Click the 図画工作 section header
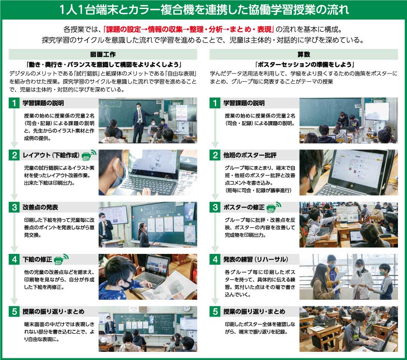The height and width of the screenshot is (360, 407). tap(103, 55)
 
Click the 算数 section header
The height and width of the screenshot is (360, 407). tap(303, 55)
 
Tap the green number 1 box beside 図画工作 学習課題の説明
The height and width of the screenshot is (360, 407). tap(14, 103)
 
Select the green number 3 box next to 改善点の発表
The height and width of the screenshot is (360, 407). tap(14, 207)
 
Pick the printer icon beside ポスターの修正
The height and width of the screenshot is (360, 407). tap(274, 207)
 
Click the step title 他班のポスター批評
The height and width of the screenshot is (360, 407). tap(250, 155)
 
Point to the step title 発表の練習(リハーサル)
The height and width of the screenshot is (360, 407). tap(256, 259)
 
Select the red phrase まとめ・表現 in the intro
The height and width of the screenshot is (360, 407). tap(250, 29)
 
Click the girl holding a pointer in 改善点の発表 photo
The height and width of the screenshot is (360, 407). tap(144, 235)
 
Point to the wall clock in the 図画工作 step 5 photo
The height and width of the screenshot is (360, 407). tap(186, 308)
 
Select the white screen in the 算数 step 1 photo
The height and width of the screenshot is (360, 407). tap(377, 111)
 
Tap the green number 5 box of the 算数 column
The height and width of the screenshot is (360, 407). tap(215, 311)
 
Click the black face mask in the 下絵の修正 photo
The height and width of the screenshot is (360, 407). tap(127, 285)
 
